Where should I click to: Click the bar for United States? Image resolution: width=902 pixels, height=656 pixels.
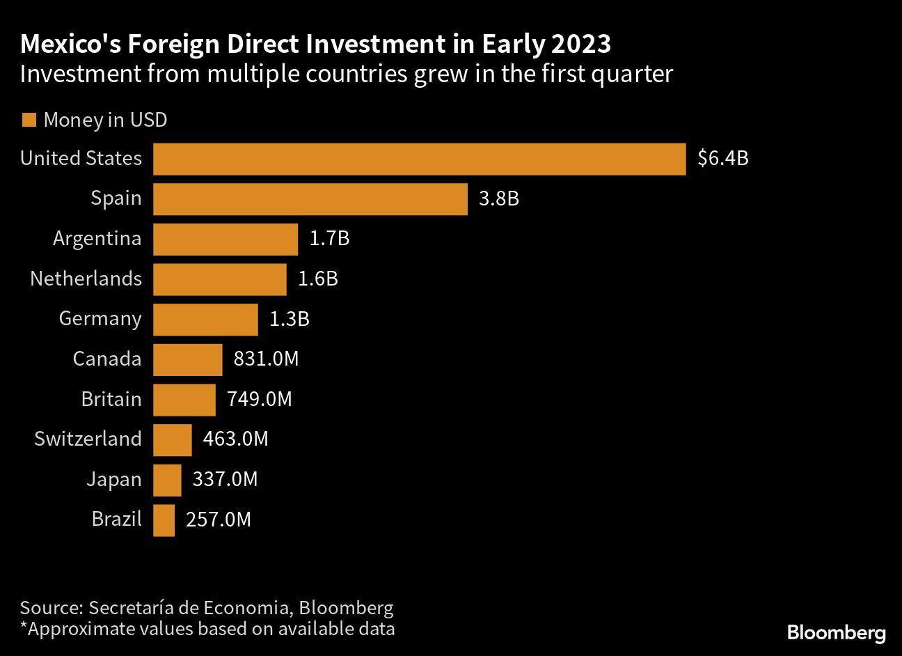pos(419,159)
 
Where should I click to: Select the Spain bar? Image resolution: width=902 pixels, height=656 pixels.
pos(310,199)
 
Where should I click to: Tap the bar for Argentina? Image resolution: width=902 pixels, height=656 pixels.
pos(225,240)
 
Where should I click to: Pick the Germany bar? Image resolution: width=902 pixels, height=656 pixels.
pos(205,320)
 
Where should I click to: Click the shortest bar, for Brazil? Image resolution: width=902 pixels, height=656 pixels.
pos(164,520)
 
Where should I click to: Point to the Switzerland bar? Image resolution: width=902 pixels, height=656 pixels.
pos(172,440)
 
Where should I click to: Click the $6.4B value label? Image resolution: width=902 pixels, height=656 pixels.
pos(722,159)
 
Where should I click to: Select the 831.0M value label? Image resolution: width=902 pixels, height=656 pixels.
pos(266,359)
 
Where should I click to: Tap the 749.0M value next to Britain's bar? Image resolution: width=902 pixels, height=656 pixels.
pos(259,400)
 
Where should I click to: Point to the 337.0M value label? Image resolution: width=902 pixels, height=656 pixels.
pos(225,480)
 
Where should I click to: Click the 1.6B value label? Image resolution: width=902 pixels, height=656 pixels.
pos(317,279)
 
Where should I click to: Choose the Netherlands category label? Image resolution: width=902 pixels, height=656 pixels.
pos(86,279)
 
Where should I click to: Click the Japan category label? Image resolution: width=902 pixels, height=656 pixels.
pos(113,480)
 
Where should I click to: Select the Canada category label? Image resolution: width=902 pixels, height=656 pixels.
pos(106,359)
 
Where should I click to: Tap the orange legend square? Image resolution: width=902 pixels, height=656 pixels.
pos(29,120)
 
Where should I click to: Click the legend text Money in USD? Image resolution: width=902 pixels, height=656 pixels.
pos(105,120)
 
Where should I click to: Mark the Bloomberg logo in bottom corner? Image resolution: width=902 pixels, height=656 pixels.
pos(836,633)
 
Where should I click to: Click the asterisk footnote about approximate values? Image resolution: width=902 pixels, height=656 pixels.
pos(207,630)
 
